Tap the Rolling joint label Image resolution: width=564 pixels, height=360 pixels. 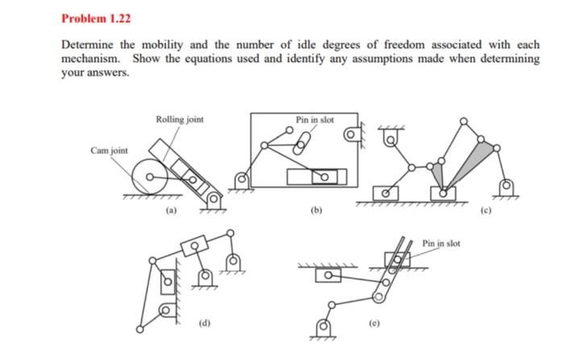(180, 119)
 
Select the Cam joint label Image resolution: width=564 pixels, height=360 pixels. (108, 150)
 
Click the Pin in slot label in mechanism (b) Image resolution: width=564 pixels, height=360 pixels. (314, 119)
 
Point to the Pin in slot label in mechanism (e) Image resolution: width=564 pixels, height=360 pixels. (442, 242)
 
